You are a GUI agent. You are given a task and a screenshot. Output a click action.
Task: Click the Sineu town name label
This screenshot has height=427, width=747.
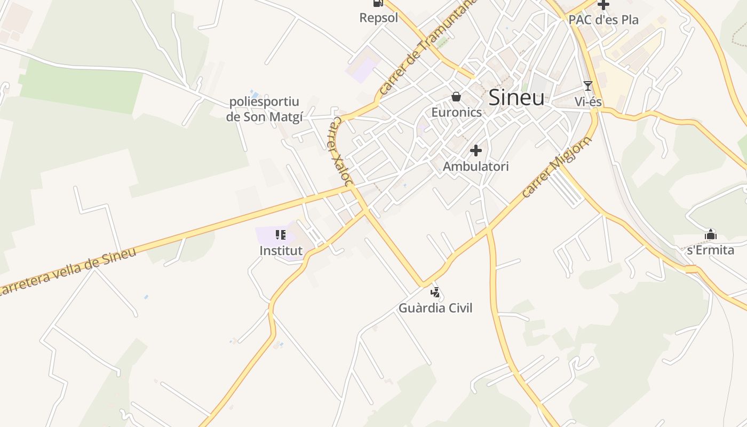point(516,98)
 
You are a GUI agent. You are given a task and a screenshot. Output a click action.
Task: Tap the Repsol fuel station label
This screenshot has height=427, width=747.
point(379,18)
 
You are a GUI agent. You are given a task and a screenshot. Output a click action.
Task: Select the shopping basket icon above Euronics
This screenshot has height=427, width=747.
point(456,97)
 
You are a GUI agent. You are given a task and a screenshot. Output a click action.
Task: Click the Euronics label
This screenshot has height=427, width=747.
point(456,112)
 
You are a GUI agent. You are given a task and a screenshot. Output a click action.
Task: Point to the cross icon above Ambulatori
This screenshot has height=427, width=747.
point(476,151)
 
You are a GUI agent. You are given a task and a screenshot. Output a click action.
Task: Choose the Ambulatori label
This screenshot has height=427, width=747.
point(476,166)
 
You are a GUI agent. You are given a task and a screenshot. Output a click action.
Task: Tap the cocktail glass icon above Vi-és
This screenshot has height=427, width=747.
point(588,86)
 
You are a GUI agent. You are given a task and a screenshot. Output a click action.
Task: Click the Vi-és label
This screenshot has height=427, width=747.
point(588,101)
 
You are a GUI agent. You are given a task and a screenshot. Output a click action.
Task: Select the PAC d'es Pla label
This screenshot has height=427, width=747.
point(603,20)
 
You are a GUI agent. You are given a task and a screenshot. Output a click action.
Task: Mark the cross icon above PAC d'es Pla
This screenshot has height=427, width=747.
point(603,5)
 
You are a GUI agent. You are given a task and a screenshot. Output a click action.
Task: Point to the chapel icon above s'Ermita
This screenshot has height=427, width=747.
point(710,234)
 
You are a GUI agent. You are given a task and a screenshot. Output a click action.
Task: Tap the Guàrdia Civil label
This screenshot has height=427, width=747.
point(435,308)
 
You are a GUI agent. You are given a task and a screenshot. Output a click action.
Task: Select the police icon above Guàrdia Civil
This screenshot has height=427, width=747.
point(435,292)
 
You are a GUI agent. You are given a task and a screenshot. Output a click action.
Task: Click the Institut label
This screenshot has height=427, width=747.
point(281,250)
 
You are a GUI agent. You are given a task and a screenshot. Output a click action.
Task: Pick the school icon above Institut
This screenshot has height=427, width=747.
point(281,235)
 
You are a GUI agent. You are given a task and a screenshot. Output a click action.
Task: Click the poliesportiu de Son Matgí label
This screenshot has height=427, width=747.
point(264,109)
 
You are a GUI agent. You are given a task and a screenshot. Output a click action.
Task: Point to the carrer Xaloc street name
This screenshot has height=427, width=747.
point(339,152)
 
